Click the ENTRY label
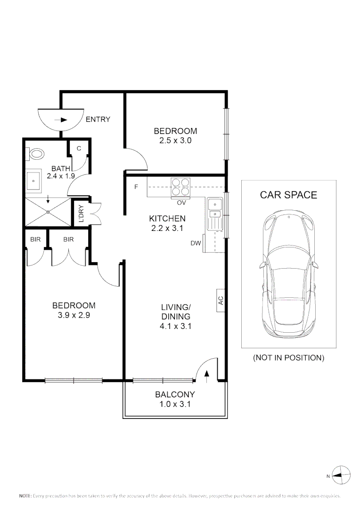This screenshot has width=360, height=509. pos(98,119)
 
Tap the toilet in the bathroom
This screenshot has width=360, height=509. pos(36,154)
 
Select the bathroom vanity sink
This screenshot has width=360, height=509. pos(34,181)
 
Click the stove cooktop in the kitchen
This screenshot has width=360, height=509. pos(180,186)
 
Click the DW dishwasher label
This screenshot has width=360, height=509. pos(196,243)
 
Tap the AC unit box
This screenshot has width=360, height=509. pos(221,300)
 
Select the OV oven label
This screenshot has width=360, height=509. pos(180,203)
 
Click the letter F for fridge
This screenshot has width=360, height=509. pos(136,187)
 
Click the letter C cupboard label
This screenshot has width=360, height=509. pos(79,148)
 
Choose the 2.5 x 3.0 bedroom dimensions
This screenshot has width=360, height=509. pos(175,140)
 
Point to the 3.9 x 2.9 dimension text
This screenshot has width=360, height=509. pos(74,315)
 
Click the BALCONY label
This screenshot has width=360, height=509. pos(175,394)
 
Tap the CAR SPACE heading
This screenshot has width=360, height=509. pos(288,195)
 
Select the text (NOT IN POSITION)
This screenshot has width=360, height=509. pos(288,358)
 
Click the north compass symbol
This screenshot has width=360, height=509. pos(341,475)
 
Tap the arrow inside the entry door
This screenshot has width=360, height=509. pos(61,120)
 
